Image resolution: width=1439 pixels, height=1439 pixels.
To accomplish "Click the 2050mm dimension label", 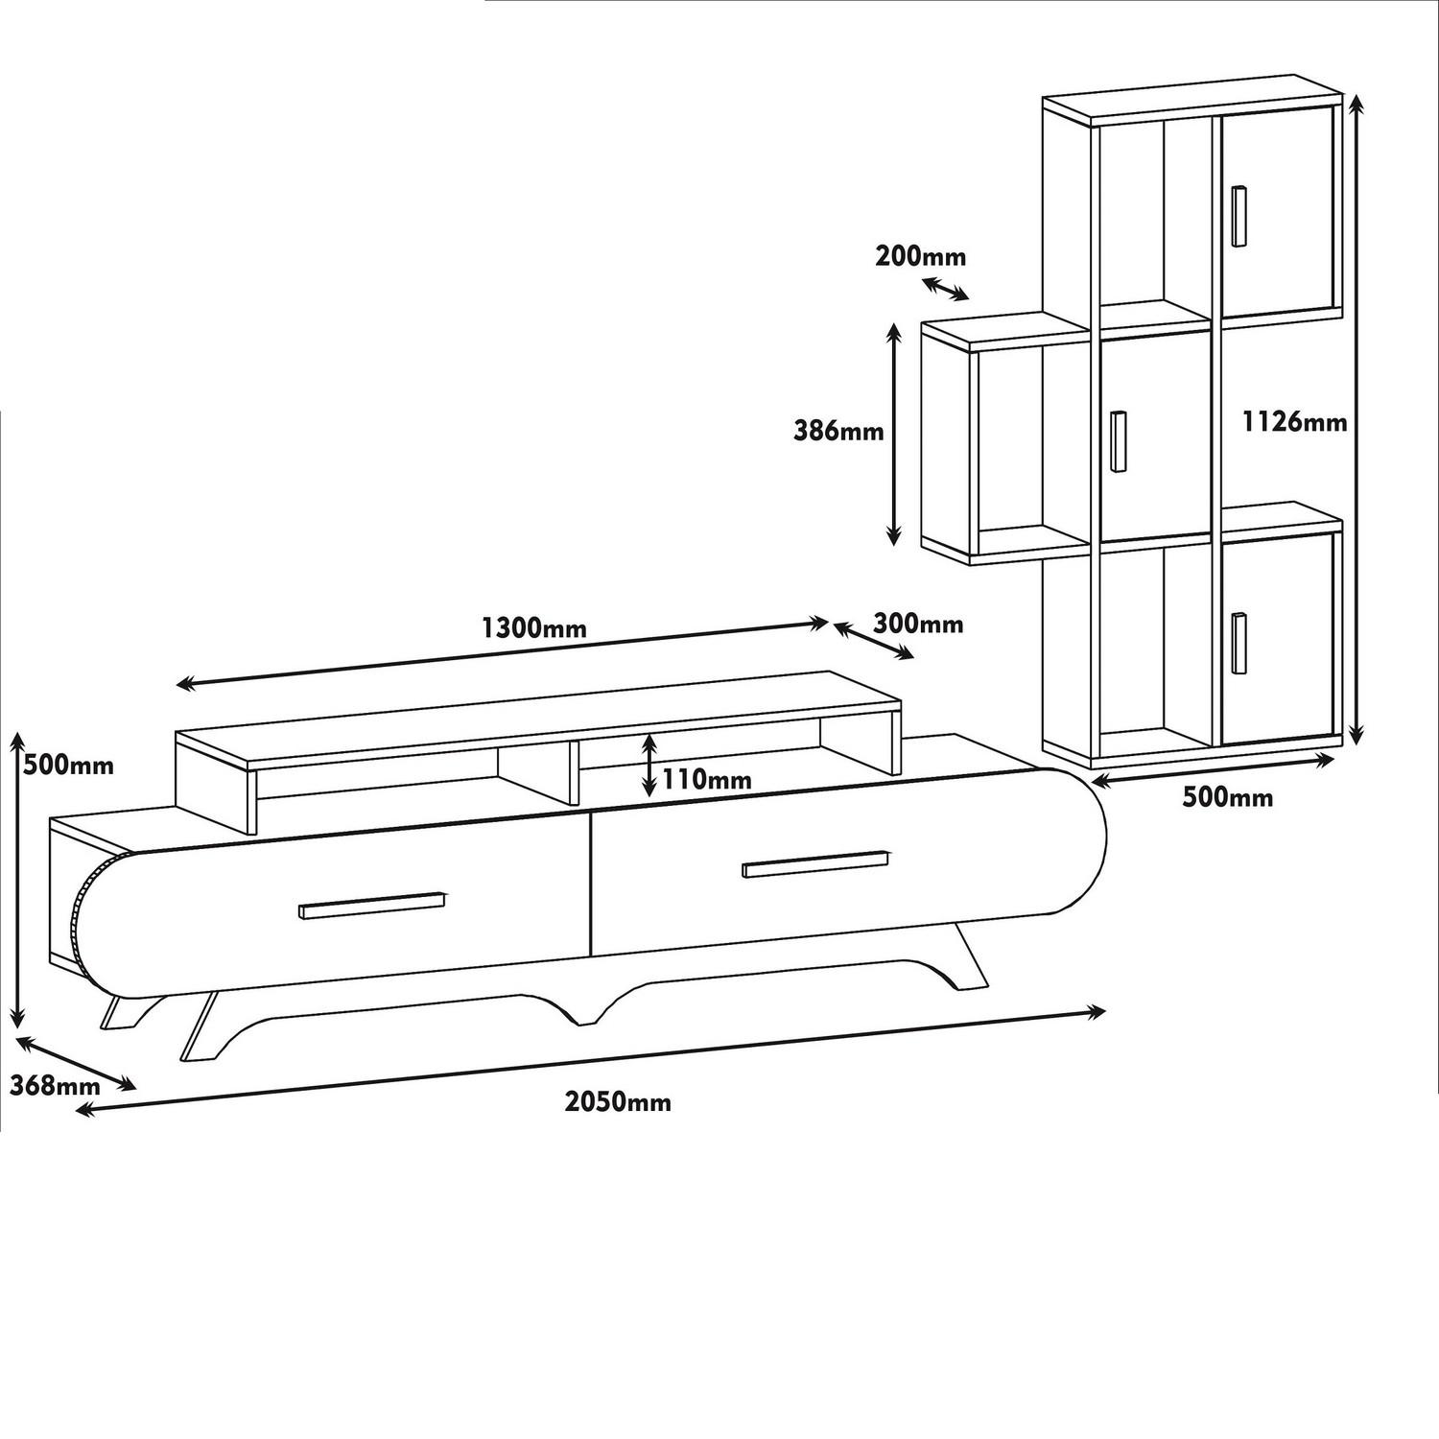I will pyautogui.click(x=618, y=1101).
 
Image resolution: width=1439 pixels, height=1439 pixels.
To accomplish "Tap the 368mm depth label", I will pyautogui.click(x=54, y=1086).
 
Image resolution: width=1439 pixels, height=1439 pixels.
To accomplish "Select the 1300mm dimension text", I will pyautogui.click(x=533, y=629).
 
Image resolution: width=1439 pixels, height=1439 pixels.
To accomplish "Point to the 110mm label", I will pyautogui.click(x=707, y=779).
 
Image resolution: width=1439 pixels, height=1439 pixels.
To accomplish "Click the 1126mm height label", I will pyautogui.click(x=1294, y=421).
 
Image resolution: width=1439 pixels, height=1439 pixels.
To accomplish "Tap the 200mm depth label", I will pyautogui.click(x=920, y=256).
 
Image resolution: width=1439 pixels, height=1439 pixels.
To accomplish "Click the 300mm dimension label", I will pyautogui.click(x=918, y=625).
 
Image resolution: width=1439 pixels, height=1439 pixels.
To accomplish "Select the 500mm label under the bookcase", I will pyautogui.click(x=1228, y=797).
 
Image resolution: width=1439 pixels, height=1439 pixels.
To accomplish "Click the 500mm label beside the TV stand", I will pyautogui.click(x=69, y=766).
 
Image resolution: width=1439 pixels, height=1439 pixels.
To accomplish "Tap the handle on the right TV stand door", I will pyautogui.click(x=816, y=863).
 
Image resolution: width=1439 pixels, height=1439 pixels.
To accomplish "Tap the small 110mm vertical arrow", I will pyautogui.click(x=650, y=765).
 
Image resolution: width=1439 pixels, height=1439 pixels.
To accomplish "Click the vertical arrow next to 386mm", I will pyautogui.click(x=893, y=435).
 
